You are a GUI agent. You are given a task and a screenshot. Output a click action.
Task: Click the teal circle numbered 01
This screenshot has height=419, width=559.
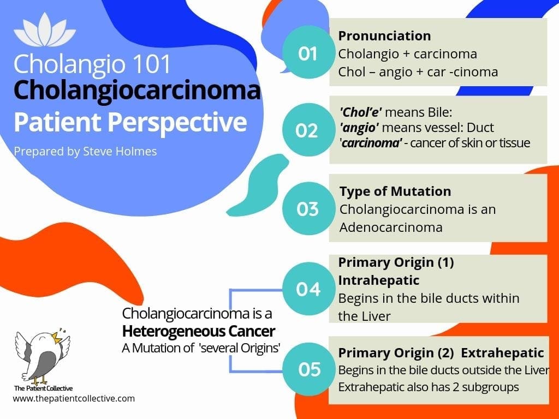(308, 53)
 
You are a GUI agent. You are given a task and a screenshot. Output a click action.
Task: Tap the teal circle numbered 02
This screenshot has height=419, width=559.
(307, 130)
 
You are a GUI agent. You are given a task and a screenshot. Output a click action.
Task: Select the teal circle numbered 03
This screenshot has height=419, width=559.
(308, 209)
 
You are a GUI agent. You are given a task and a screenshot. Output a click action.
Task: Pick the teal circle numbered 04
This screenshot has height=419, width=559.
(308, 288)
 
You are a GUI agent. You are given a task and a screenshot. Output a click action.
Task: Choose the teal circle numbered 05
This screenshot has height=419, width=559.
(309, 369)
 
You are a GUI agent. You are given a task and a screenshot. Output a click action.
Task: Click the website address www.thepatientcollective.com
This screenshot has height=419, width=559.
(74, 398)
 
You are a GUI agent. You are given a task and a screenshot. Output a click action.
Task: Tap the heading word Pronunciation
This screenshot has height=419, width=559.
(384, 36)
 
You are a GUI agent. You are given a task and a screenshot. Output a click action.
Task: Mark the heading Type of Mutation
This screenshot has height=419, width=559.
(395, 191)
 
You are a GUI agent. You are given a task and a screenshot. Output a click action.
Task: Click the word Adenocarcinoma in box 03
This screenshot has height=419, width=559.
(390, 227)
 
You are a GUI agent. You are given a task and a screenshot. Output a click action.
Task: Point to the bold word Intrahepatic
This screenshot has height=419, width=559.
(379, 280)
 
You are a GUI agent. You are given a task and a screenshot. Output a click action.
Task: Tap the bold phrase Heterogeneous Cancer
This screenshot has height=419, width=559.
(199, 332)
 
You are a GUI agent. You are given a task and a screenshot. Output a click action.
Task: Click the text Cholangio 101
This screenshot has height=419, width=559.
(92, 63)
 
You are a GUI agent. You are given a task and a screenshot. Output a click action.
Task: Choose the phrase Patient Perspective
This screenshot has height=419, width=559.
(130, 123)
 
